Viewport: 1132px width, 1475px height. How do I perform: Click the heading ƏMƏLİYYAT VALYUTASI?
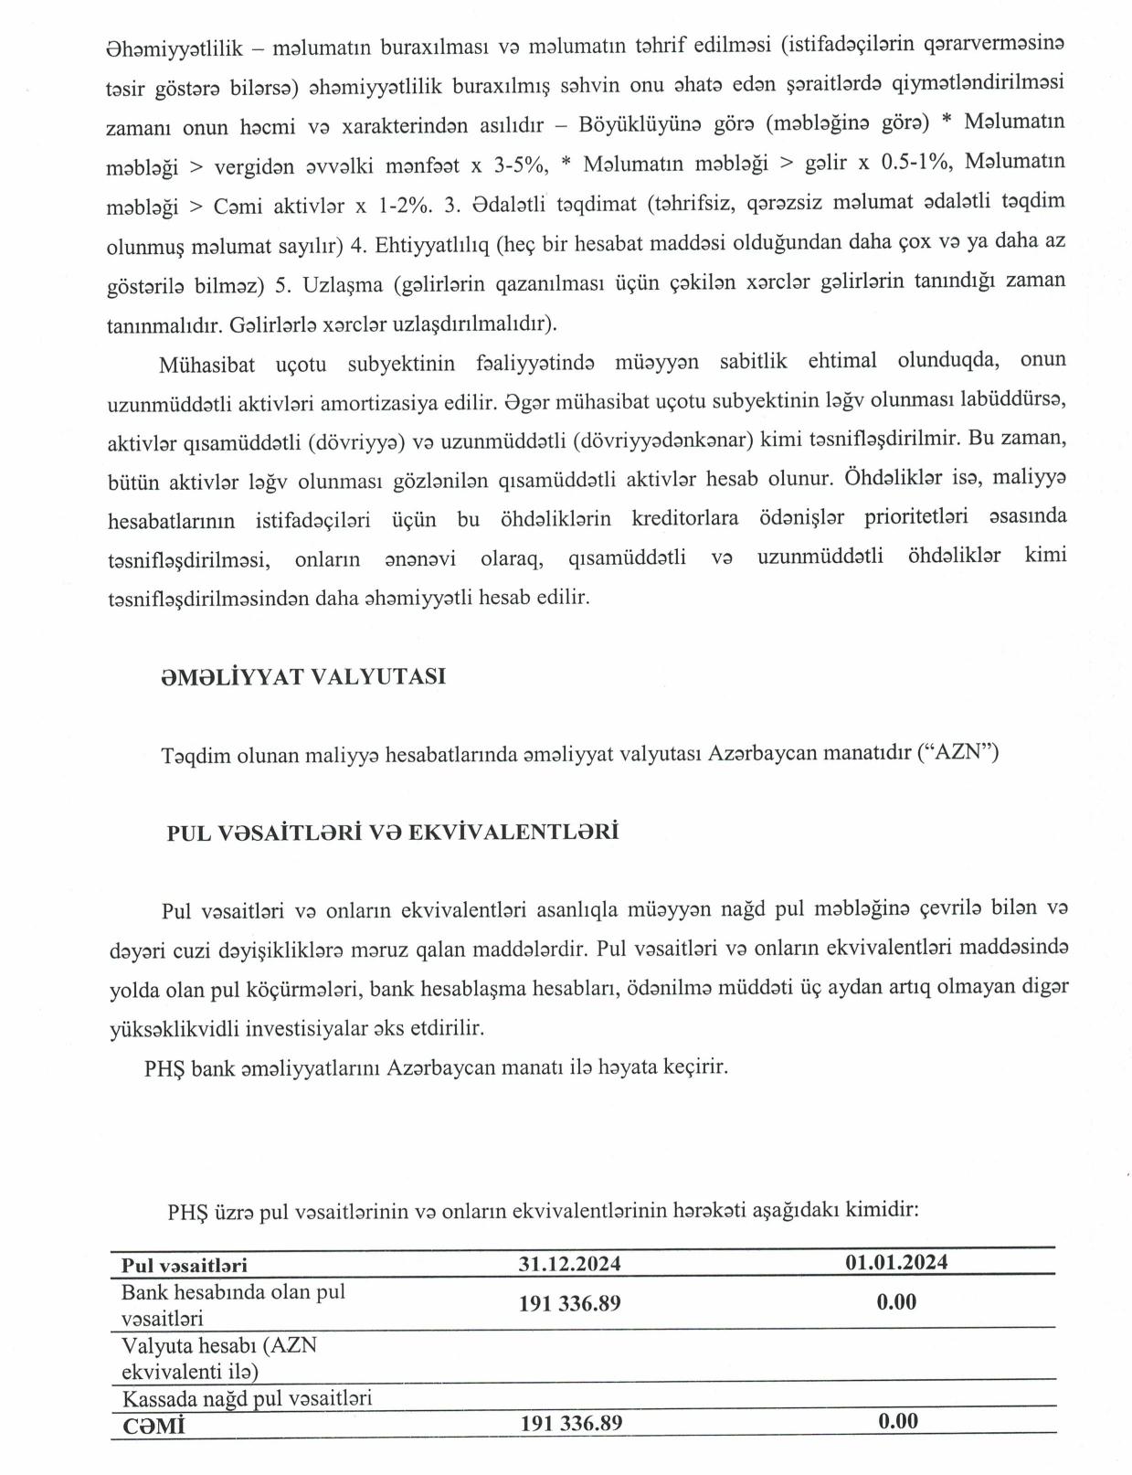303,676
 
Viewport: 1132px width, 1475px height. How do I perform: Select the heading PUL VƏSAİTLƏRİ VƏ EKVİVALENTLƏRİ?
393,833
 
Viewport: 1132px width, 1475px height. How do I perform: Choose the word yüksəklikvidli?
174,1027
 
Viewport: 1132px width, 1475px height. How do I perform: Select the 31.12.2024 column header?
570,1263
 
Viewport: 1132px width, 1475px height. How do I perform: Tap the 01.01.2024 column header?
896,1262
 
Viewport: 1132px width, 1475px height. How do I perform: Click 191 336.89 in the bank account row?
570,1303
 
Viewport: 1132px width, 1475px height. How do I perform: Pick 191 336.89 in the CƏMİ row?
571,1423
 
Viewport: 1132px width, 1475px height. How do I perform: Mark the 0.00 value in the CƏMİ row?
897,1421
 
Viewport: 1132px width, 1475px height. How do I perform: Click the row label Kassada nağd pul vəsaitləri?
247,1397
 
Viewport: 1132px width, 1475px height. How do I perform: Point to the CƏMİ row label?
153,1425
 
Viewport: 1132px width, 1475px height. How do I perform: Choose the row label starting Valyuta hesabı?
219,1358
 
